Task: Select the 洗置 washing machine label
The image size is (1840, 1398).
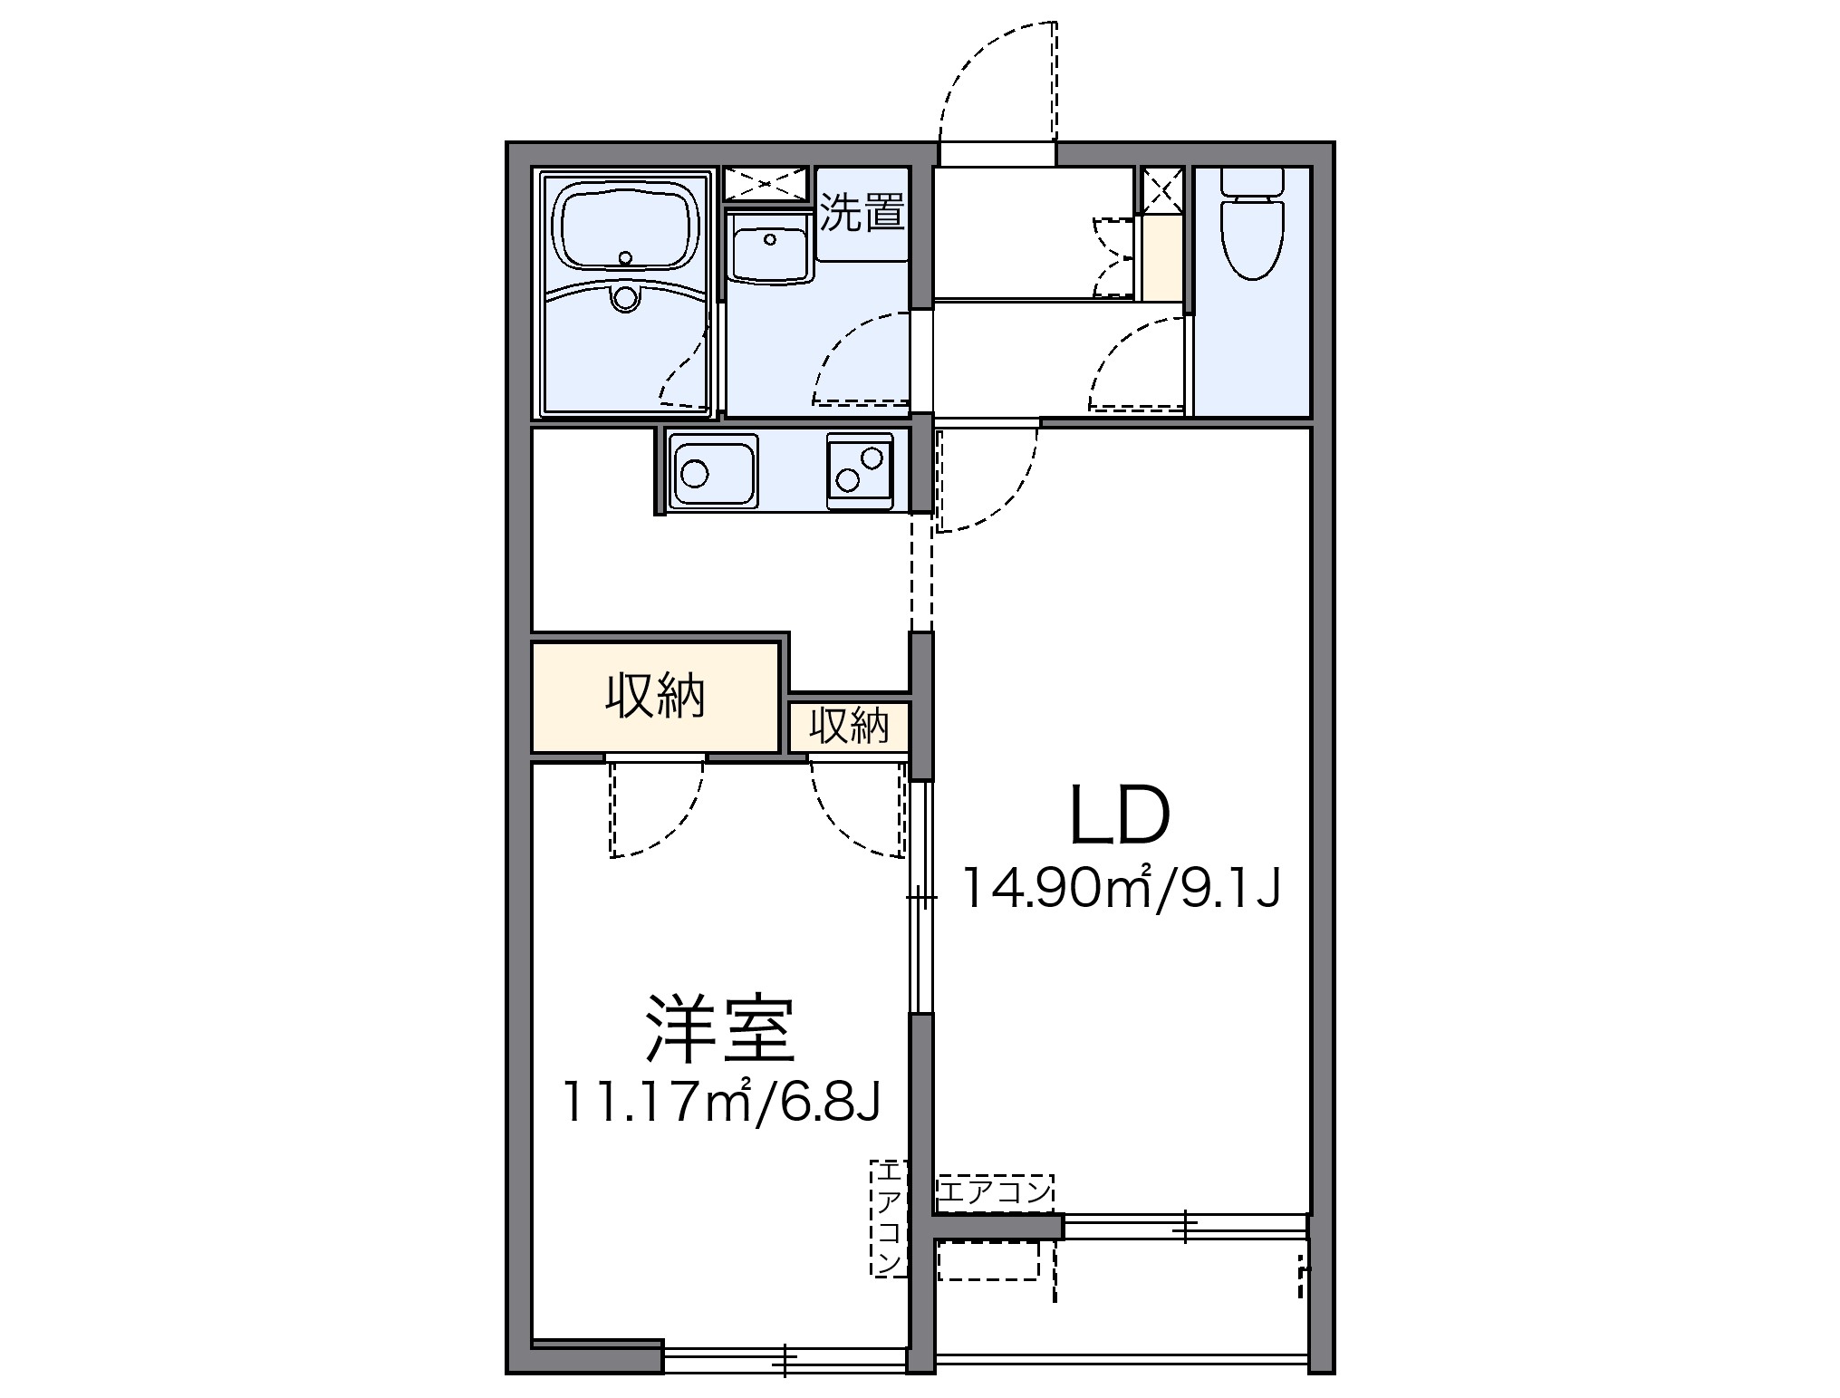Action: point(862,212)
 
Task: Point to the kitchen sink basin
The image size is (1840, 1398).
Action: point(713,471)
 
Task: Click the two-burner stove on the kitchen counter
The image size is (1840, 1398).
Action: point(859,471)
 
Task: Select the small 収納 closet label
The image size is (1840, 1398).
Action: point(848,726)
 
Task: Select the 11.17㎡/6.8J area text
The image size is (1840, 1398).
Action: point(721,1101)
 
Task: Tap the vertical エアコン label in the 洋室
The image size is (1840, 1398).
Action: point(889,1219)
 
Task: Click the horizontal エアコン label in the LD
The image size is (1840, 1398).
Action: point(995,1191)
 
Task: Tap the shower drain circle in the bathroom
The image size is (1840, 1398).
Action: point(624,295)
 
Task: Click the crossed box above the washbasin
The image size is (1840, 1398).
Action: point(766,184)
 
